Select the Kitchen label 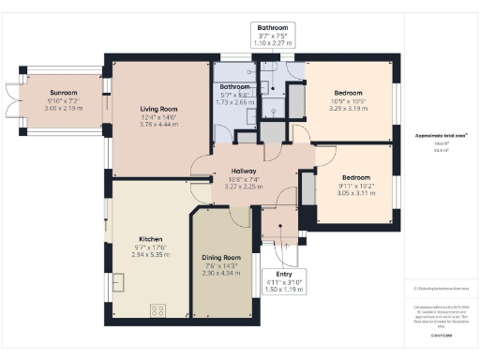pyautogui.click(x=152, y=238)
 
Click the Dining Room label pyautogui.click(x=222, y=257)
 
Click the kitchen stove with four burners pyautogui.click(x=157, y=308)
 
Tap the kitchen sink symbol pyautogui.click(x=119, y=282)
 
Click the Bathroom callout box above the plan pyautogui.click(x=277, y=35)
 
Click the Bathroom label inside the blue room pyautogui.click(x=235, y=87)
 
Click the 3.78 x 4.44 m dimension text pyautogui.click(x=158, y=124)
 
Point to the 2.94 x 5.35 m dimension pyautogui.click(x=152, y=254)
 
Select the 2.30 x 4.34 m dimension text pyautogui.click(x=222, y=273)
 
